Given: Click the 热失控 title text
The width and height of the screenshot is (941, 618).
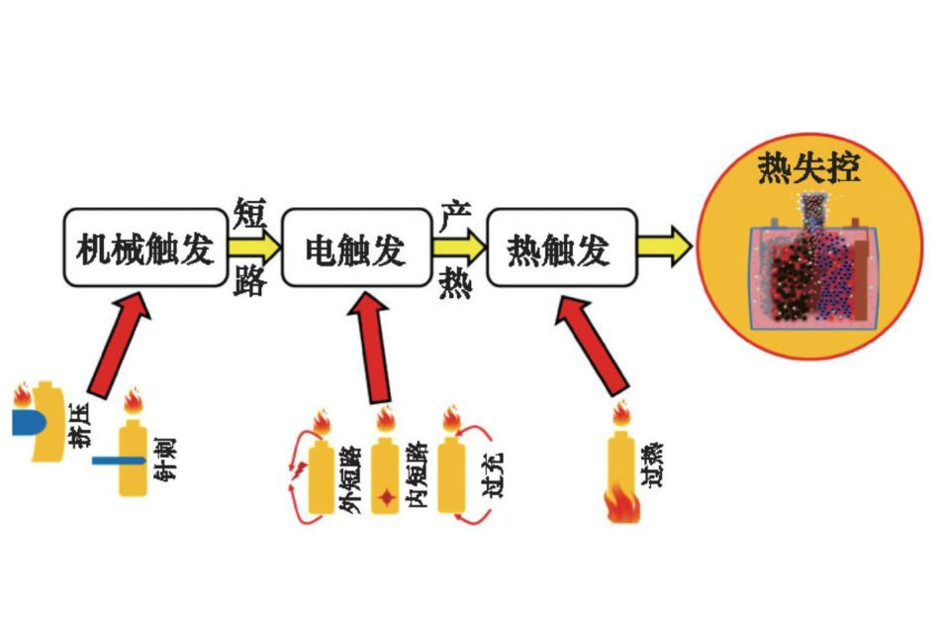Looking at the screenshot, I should coord(808,166).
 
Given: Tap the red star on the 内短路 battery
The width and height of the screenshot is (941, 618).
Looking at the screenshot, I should coord(386,493).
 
